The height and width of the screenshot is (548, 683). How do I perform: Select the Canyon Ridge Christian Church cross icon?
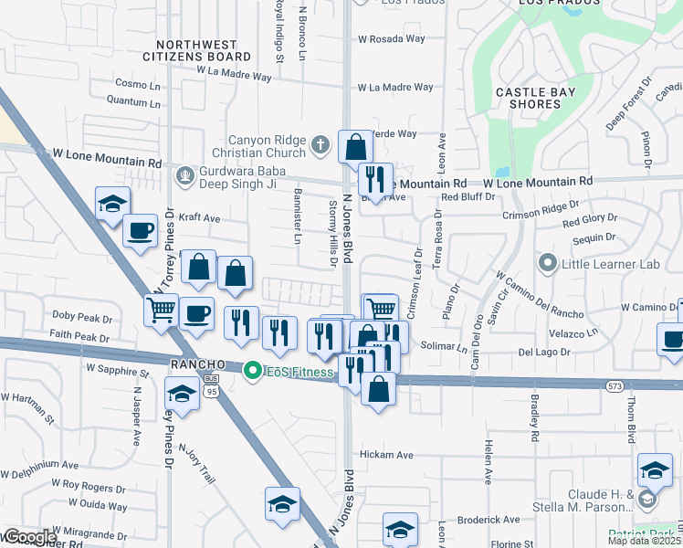click(320, 144)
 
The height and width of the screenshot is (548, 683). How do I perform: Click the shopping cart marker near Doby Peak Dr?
click(162, 311)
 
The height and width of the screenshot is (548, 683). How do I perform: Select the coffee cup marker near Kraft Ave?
click(140, 231)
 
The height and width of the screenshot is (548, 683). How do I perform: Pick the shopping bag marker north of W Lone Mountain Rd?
click(355, 146)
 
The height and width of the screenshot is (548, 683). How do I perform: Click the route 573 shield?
click(615, 386)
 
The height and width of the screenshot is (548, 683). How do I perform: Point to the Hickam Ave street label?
click(386, 455)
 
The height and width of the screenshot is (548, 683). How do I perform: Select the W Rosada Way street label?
click(392, 39)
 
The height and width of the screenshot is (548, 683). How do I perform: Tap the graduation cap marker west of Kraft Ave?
click(112, 204)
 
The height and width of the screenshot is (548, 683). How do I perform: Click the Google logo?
click(29, 537)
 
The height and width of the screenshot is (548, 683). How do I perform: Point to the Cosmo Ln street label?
click(137, 83)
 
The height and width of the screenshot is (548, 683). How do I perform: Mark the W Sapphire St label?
click(117, 371)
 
